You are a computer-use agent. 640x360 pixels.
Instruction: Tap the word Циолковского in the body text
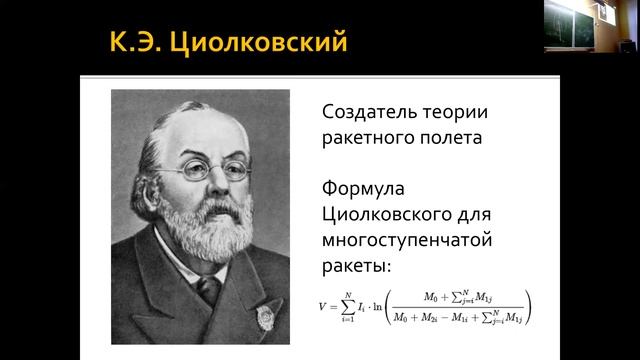click(389, 215)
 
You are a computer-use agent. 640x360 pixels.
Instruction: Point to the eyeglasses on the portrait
click(200, 169)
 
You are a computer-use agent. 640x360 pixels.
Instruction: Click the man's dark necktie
click(210, 290)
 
